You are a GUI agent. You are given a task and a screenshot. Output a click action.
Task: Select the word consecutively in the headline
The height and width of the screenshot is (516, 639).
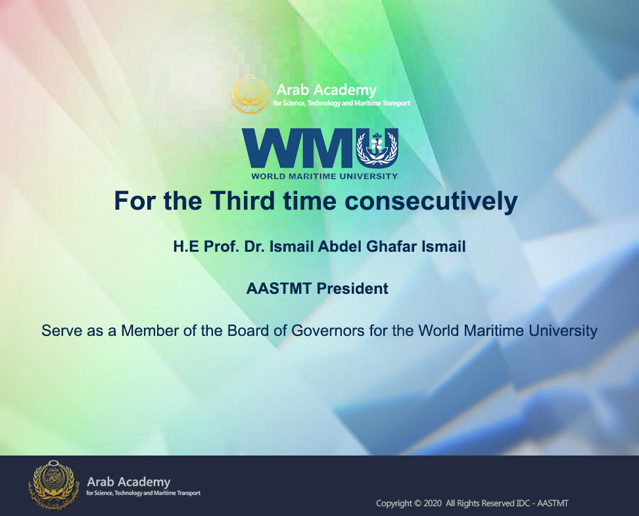point(431,201)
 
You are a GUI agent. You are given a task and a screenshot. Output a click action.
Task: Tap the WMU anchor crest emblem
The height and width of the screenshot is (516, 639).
point(377,147)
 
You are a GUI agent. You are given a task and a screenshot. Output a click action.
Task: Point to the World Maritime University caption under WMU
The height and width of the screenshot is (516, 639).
point(324,176)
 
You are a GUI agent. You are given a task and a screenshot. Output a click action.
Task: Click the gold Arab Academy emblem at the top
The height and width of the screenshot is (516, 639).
point(250,95)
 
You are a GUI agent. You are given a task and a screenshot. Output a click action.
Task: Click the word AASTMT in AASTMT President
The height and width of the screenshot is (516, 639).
point(279,289)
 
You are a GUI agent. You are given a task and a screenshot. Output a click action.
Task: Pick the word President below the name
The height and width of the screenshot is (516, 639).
point(352,289)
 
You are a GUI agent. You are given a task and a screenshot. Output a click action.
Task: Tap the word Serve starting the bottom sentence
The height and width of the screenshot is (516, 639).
point(62,331)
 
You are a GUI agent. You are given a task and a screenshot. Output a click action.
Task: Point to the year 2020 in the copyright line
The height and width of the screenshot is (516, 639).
point(433,504)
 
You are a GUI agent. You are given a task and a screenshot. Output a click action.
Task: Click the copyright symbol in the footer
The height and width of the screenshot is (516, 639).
point(417,504)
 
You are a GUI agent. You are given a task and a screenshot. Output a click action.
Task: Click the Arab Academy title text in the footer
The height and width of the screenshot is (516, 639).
point(129,482)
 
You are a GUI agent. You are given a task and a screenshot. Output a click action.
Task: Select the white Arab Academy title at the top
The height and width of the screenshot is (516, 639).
point(327,89)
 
